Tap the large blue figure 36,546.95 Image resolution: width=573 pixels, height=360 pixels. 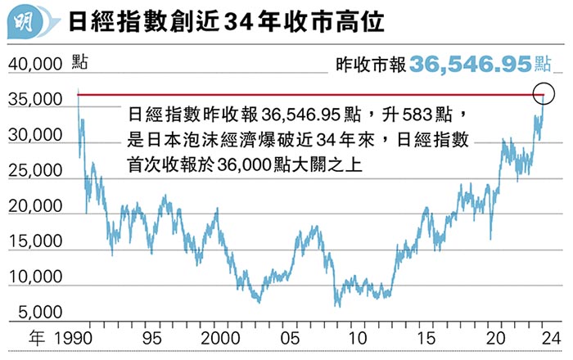470,64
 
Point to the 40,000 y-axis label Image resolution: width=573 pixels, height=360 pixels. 35,64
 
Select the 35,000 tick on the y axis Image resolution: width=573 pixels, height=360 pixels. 35,100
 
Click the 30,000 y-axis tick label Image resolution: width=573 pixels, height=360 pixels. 35,136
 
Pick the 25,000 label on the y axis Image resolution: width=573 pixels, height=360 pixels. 35,171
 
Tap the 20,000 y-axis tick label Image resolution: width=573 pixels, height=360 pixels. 35,206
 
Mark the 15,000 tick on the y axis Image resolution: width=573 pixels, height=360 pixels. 35,242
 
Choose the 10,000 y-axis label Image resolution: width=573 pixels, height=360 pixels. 35,277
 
